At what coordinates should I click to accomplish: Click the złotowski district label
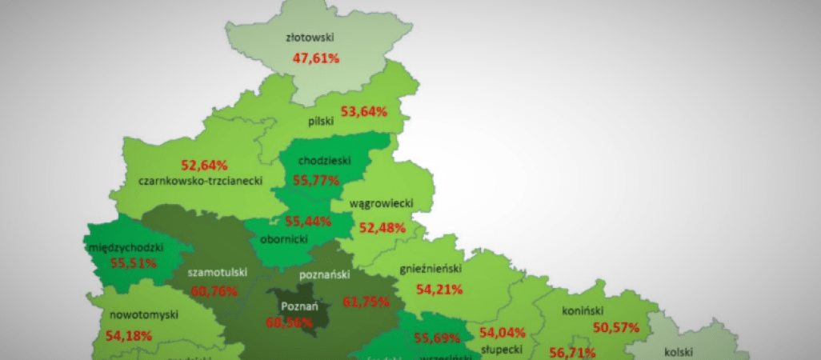[309, 37]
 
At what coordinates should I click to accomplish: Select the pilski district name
[320, 122]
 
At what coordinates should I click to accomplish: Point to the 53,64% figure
[364, 112]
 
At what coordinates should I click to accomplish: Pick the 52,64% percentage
[205, 166]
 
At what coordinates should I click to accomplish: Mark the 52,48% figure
[382, 227]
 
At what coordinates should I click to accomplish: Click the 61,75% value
[366, 302]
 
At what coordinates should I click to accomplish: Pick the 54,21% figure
[439, 289]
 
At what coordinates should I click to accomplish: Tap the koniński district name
[582, 311]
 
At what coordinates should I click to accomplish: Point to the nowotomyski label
[132, 315]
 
